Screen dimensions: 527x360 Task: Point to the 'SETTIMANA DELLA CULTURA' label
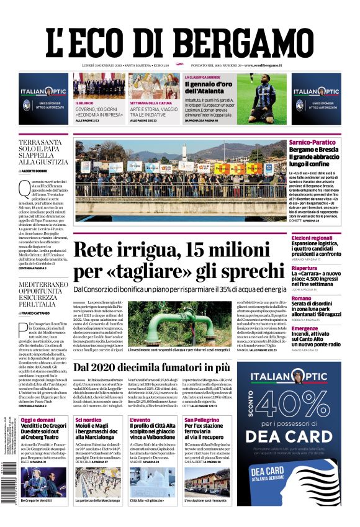pyautogui.click(x=150, y=102)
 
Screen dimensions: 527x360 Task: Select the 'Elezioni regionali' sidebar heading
pyautogui.click(x=313, y=238)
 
